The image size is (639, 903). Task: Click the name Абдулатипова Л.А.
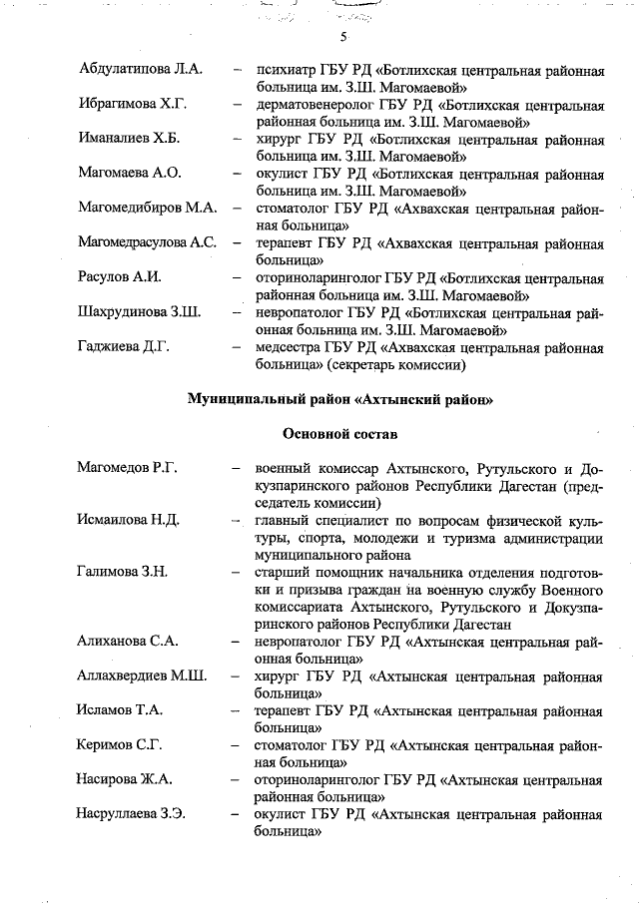point(140,69)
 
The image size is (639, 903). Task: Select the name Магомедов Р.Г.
point(127,468)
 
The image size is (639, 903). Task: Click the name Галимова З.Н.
point(123,572)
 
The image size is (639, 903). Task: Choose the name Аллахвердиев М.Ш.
point(142,676)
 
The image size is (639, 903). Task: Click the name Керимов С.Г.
point(120,745)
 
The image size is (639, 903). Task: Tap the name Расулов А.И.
point(119,276)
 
